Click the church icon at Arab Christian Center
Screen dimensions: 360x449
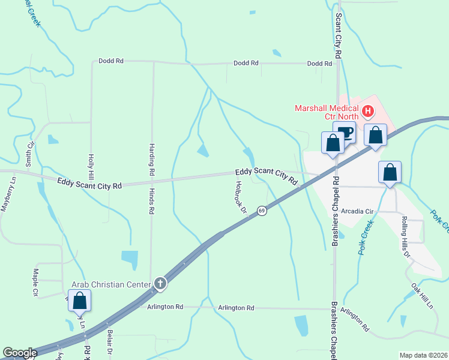(160, 283)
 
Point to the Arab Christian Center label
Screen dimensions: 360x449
(112, 284)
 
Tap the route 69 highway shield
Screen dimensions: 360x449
(262, 211)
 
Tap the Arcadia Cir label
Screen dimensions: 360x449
(357, 212)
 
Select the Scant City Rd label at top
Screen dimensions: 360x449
(339, 35)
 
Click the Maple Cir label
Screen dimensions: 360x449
(35, 283)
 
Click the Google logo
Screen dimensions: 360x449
(20, 353)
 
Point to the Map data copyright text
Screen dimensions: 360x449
(423, 355)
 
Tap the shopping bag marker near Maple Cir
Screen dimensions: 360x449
(79, 300)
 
